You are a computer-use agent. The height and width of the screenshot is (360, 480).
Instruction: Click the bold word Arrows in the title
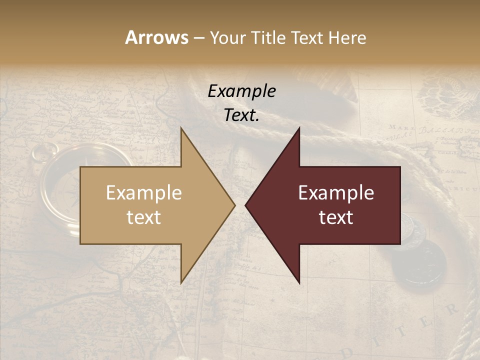pos(156,37)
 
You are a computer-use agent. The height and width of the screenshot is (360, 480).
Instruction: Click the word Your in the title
pos(227,38)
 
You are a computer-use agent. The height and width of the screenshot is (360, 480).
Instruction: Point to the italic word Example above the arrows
pos(241,91)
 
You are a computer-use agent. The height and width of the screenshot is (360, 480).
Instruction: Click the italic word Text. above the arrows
pos(241,115)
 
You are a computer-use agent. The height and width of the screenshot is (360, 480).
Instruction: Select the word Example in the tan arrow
pos(143,192)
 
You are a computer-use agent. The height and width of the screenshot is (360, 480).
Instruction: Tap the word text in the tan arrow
pos(143,217)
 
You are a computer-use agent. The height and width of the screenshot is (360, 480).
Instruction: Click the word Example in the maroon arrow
pos(336,192)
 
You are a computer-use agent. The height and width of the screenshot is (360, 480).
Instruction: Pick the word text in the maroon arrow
pos(336,217)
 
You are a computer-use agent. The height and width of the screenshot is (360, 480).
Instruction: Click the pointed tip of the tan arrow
pos(234,205)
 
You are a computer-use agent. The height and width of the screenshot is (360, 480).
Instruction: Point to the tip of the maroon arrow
pos(245,205)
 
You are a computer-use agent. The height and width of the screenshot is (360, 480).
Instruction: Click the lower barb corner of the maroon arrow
pos(299,283)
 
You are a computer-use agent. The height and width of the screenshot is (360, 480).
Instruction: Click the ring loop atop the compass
pos(45,151)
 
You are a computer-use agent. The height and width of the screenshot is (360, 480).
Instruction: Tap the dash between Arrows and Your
pos(198,38)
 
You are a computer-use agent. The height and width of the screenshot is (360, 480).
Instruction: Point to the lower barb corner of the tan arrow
pos(181,283)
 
